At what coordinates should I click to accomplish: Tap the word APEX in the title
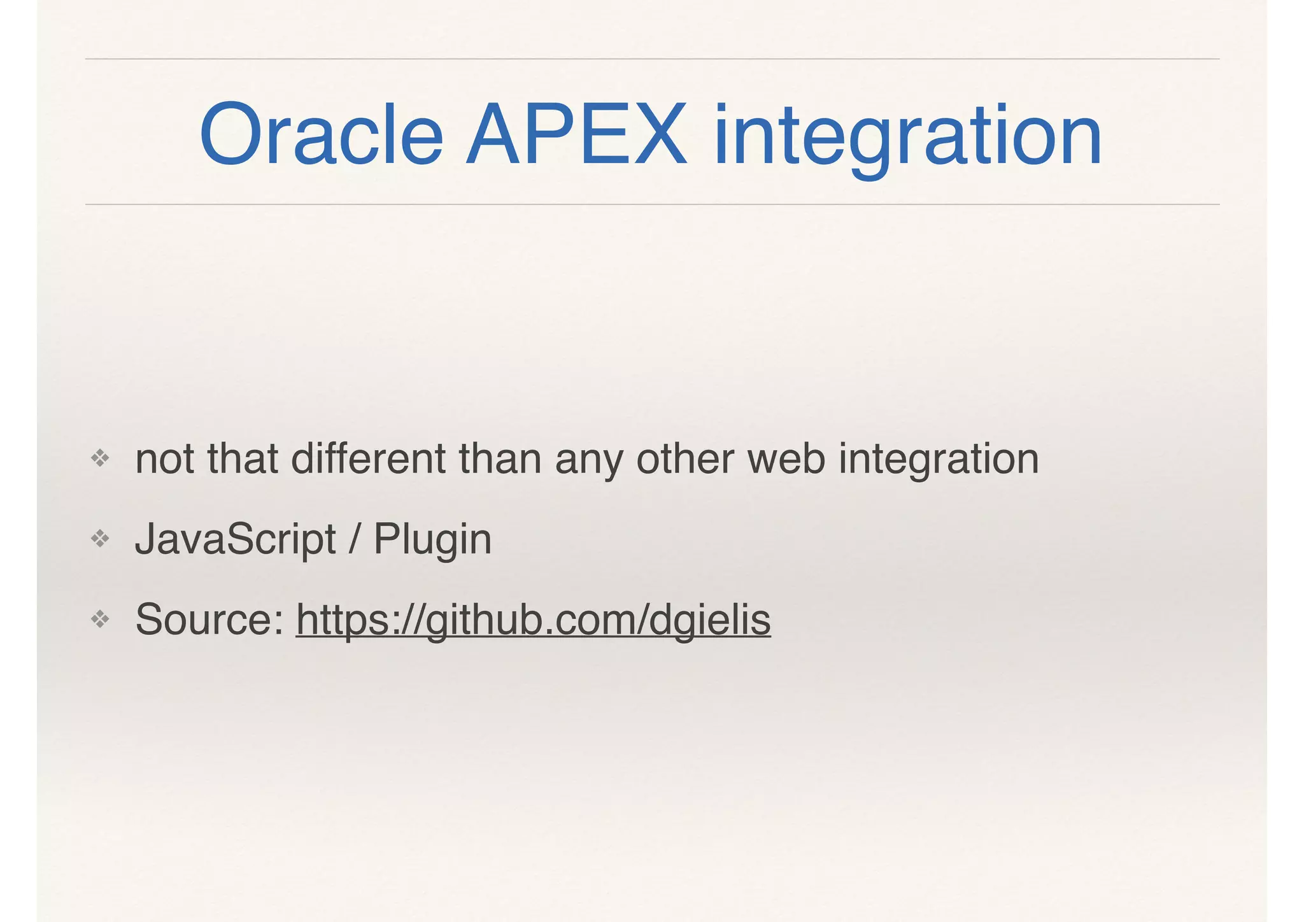click(576, 135)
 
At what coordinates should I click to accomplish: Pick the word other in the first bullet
click(685, 458)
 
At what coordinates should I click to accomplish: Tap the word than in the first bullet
click(500, 458)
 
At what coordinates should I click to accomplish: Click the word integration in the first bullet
click(939, 460)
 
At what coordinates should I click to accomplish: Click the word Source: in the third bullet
click(209, 620)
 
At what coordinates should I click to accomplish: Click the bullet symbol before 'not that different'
click(100, 458)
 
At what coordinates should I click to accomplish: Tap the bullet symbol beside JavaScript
click(100, 539)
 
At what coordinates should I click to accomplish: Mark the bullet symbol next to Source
click(100, 619)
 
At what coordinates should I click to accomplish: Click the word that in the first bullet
click(243, 458)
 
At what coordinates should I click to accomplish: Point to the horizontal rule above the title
click(652, 59)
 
